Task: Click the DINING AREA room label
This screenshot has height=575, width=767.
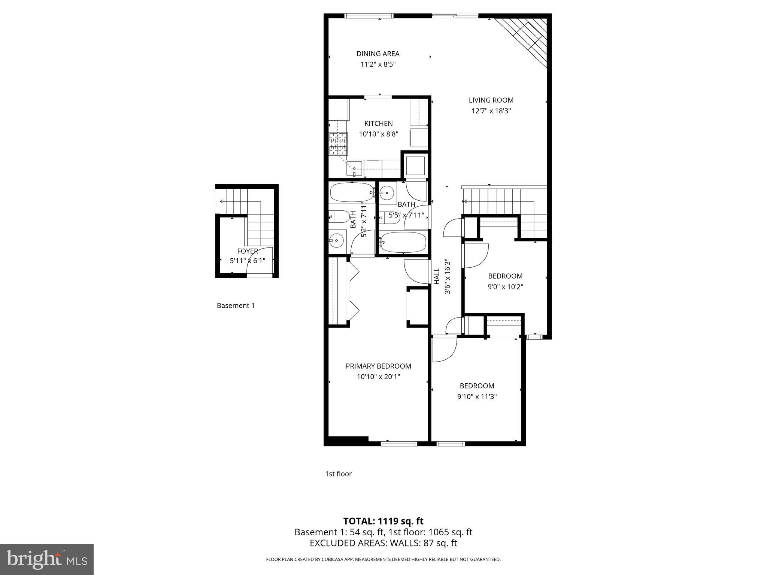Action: [x=378, y=54]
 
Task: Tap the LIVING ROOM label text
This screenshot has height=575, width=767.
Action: [x=491, y=100]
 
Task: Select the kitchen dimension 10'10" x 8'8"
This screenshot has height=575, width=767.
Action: [x=378, y=134]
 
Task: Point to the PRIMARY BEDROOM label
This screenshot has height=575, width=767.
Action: [x=378, y=366]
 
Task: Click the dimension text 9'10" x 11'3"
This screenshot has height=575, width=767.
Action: [x=477, y=396]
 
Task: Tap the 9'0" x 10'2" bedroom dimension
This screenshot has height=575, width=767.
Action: [x=505, y=287]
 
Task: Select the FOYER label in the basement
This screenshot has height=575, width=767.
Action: [x=248, y=251]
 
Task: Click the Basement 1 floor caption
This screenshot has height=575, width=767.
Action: [x=236, y=305]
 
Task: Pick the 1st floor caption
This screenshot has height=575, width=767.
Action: [x=338, y=474]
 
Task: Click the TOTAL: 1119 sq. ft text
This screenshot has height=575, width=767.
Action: [x=383, y=521]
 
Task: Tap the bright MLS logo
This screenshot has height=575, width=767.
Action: [x=47, y=560]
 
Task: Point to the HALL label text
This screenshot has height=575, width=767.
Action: [x=437, y=276]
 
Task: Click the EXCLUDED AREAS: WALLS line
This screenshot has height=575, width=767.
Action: [x=383, y=543]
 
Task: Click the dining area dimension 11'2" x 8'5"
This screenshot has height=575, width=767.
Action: [x=378, y=64]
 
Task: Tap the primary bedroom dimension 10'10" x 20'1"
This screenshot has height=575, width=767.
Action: [x=378, y=377]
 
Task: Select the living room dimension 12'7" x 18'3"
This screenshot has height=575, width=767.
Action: [x=491, y=111]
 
